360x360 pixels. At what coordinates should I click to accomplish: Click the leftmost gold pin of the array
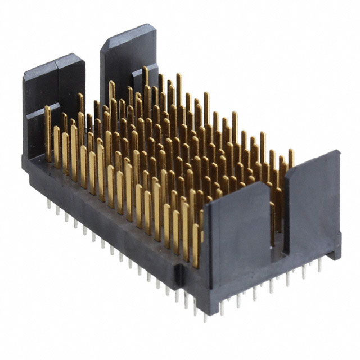(48, 132)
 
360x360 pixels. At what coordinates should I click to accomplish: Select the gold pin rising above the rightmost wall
(291, 157)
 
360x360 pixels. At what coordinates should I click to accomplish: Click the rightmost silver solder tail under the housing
(319, 265)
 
